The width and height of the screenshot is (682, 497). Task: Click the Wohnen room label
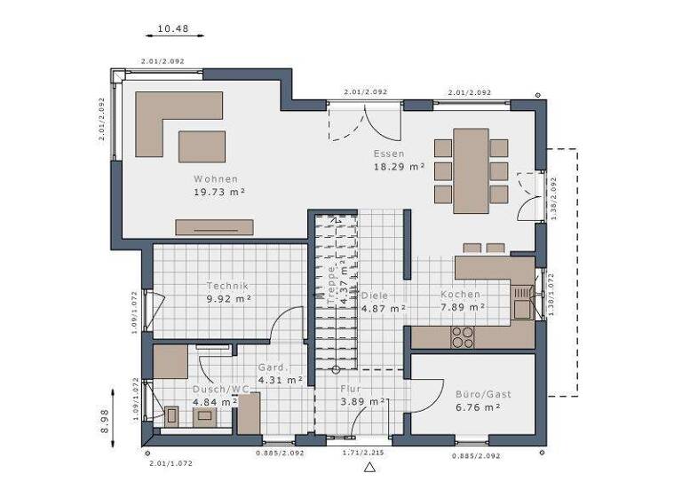pos(216,178)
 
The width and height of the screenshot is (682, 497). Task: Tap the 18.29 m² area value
pos(399,166)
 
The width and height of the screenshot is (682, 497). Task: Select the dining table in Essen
pos(471,170)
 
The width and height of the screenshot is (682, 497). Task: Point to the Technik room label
pos(227,286)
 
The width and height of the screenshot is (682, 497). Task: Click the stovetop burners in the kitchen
pos(463,336)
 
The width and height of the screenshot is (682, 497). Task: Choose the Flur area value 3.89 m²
pos(362,401)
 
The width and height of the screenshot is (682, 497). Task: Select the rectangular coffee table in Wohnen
pos(202,146)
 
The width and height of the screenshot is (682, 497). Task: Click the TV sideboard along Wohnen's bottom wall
pos(214,226)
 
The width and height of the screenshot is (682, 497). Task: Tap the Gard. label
pos(271,367)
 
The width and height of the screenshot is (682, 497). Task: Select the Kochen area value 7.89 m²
pos(463,307)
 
